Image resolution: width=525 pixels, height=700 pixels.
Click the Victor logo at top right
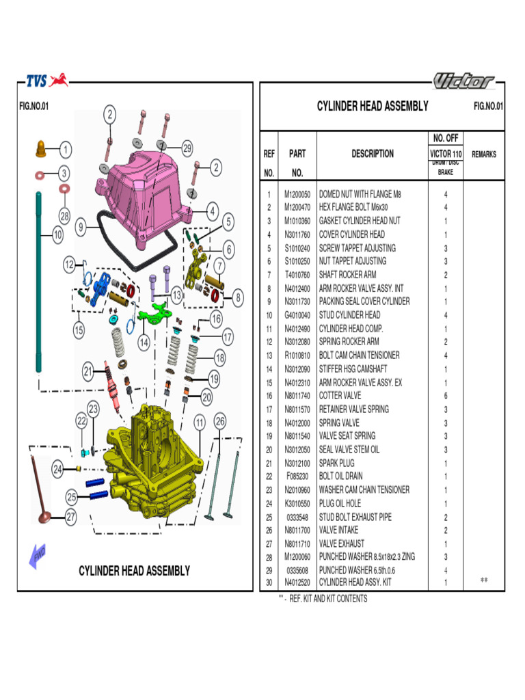[x=463, y=81]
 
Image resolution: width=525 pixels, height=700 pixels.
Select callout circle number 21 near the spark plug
[x=87, y=372]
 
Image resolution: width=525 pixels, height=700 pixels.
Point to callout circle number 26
[x=219, y=421]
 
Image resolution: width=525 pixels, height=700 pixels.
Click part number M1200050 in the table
[x=297, y=194]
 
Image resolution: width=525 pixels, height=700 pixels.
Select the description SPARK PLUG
[x=337, y=463]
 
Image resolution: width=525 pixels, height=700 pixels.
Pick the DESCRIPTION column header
[x=373, y=154]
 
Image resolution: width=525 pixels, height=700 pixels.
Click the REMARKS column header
[x=484, y=154]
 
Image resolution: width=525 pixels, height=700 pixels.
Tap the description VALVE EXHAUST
[x=342, y=543]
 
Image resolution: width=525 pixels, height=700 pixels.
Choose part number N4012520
[x=297, y=582]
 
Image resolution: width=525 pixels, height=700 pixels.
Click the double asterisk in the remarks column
[x=484, y=580]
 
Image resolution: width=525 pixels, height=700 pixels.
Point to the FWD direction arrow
[x=38, y=554]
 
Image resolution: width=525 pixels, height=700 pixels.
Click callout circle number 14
[x=144, y=341]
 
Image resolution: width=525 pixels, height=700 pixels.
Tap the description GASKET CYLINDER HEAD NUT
[x=360, y=221]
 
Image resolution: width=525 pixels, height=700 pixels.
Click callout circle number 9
[x=81, y=227]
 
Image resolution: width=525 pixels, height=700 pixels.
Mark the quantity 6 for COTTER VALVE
[x=446, y=396]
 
